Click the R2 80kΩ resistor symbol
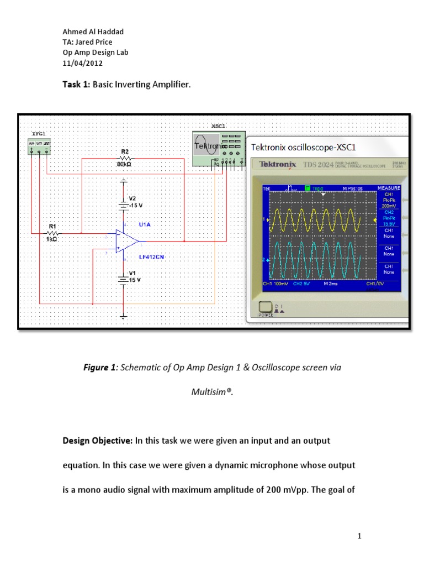(124, 158)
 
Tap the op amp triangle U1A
(126, 241)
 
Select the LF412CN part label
(151, 257)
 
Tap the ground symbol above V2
(124, 181)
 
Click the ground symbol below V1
(124, 316)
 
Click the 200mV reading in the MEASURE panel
(389, 206)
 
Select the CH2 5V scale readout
(301, 284)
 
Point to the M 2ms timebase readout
(331, 284)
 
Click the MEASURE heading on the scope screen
(389, 188)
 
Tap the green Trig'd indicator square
(308, 188)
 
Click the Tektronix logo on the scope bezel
(278, 164)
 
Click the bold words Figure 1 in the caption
(99, 368)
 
